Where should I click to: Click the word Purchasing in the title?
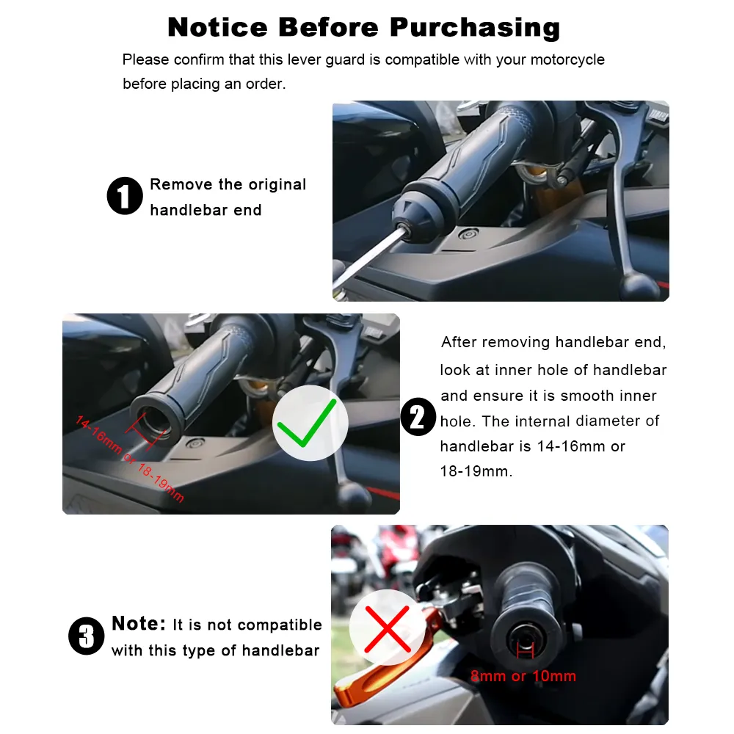point(475,28)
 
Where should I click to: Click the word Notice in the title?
point(217,27)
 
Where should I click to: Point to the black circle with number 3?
point(87,636)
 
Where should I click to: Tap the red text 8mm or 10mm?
point(523,676)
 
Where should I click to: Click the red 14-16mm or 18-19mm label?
point(129,459)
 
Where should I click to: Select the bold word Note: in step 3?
point(139,624)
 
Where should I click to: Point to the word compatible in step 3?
point(280,625)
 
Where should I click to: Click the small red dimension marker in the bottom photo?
point(524,649)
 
